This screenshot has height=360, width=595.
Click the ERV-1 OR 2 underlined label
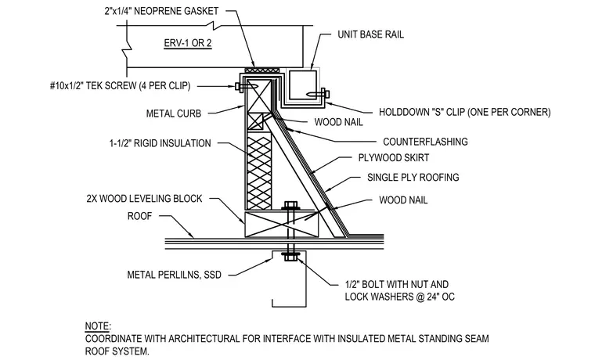pyautogui.click(x=187, y=43)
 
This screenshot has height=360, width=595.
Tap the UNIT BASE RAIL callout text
pyautogui.click(x=370, y=34)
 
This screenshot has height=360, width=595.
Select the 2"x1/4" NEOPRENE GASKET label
pyautogui.click(x=161, y=11)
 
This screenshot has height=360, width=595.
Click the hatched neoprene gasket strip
pyautogui.click(x=261, y=70)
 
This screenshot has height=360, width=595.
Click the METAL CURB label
pyautogui.click(x=174, y=113)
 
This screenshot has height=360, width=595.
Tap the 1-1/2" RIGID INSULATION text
pyautogui.click(x=160, y=143)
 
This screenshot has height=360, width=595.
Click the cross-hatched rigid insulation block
pyautogui.click(x=259, y=173)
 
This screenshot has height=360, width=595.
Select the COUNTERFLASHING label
pyautogui.click(x=425, y=142)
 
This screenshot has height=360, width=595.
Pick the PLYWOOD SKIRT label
pyautogui.click(x=394, y=158)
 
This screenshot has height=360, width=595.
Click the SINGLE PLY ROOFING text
pyautogui.click(x=413, y=178)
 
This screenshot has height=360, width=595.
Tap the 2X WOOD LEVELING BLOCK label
pyautogui.click(x=144, y=199)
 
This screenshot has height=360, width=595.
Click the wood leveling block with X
pyautogui.click(x=282, y=224)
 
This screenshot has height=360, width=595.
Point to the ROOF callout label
pyautogui.click(x=139, y=216)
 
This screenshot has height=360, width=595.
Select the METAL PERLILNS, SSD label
pyautogui.click(x=174, y=275)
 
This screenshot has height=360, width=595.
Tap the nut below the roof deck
pyautogui.click(x=290, y=258)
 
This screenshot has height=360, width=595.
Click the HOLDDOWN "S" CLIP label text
pyautogui.click(x=464, y=112)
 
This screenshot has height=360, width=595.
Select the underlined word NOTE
pyautogui.click(x=97, y=326)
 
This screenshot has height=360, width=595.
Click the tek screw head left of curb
pyautogui.click(x=238, y=87)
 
